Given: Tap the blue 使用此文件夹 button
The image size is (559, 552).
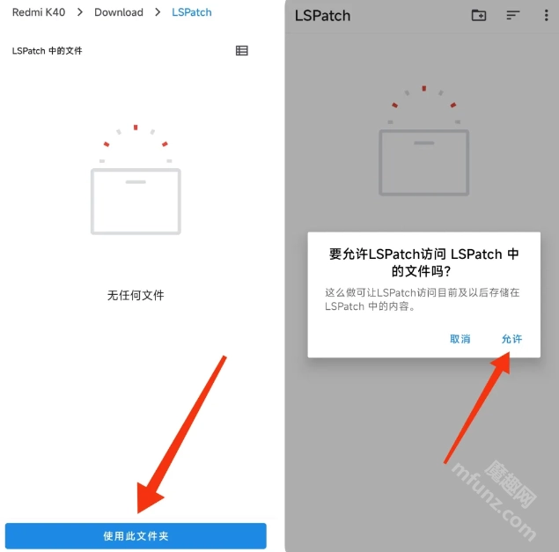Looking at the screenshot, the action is coord(136,535).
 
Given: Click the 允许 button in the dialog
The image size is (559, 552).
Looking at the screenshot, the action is coord(511,339).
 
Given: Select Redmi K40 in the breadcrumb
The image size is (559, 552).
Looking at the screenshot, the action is coord(39,12).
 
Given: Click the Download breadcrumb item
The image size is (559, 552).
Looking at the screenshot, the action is coord(119,12).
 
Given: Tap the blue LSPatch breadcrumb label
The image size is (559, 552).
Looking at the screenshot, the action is coord(191,12).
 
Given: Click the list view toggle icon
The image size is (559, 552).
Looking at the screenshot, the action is coord(242,51).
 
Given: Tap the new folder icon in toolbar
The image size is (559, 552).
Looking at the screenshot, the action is coord(478,15).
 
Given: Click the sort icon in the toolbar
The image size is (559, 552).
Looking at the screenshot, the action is coord(512,15).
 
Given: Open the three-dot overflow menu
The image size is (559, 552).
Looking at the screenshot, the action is coord(546,15).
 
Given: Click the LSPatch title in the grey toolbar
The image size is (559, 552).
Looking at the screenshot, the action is coord(322,16).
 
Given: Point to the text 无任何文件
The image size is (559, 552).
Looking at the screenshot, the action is coord(136,295).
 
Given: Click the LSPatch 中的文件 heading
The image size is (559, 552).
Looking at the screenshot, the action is coord(47,51).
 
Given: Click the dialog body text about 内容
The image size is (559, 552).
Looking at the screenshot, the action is coord(422,299).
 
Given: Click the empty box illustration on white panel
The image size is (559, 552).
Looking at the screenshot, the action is coord(136,201).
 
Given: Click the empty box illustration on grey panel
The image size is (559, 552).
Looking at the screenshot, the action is coord(424,163).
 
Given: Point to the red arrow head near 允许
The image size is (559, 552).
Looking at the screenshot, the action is coord(502,363).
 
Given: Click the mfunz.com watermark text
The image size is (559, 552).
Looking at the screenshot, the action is coord(494,502).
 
